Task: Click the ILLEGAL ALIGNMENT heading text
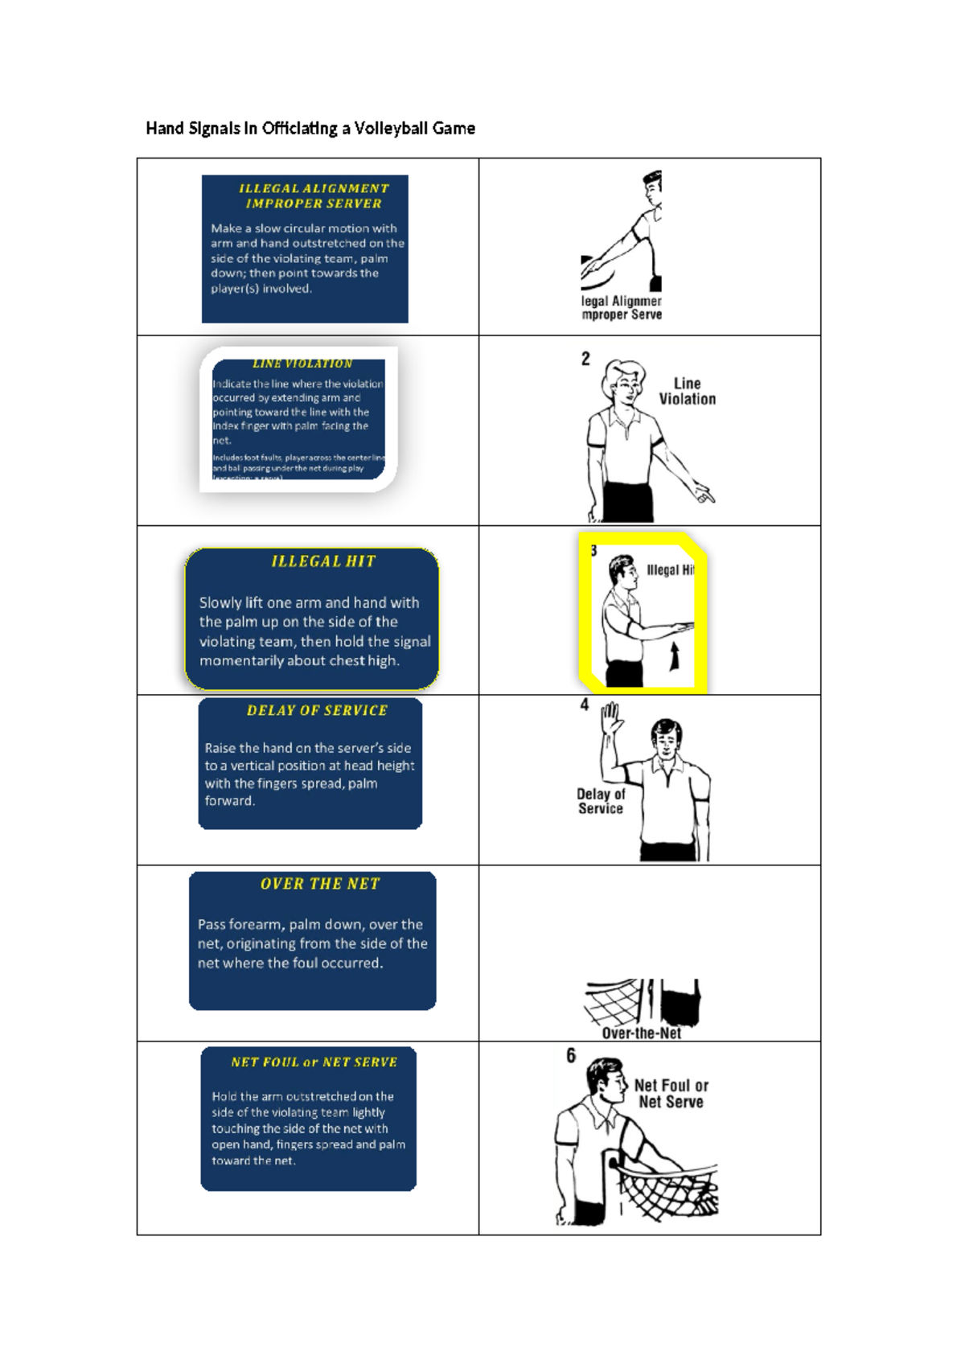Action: click(314, 188)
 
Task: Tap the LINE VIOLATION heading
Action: click(302, 364)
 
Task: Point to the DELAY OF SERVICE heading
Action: click(317, 710)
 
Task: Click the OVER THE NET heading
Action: click(320, 884)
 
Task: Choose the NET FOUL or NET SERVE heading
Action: click(314, 1062)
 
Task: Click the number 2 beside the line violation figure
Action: click(585, 359)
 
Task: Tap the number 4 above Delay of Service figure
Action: click(585, 705)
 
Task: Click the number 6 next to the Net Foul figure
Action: click(571, 1055)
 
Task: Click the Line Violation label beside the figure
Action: click(688, 391)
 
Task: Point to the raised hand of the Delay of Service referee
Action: click(612, 717)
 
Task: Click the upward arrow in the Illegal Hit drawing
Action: click(675, 655)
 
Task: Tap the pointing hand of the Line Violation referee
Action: click(704, 494)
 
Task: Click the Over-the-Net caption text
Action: click(641, 1033)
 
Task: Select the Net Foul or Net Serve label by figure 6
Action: click(671, 1094)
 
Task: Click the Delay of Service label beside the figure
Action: click(601, 801)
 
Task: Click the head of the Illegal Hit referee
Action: click(622, 570)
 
